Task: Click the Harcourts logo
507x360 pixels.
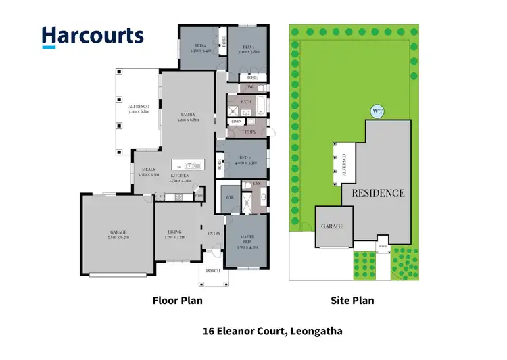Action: (93, 36)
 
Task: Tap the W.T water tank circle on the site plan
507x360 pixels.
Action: (377, 111)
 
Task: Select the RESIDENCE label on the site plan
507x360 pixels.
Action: (377, 193)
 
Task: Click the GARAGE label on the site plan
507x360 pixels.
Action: (333, 226)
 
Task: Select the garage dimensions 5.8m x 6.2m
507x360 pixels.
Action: (117, 238)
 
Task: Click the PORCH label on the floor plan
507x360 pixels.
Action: (213, 271)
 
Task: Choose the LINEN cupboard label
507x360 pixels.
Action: (236, 122)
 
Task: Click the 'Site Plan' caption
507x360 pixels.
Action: (352, 301)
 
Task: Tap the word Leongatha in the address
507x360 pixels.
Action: (318, 332)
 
